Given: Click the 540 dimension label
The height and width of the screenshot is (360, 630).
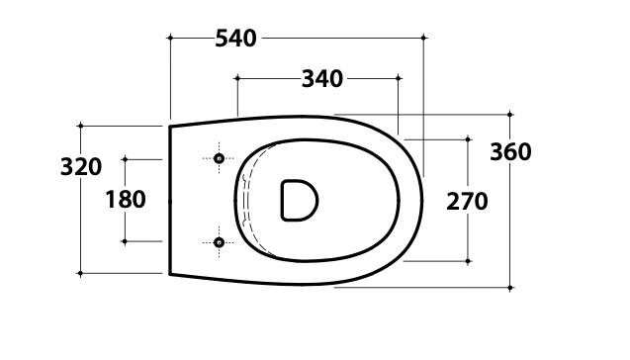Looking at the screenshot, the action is (x=235, y=39).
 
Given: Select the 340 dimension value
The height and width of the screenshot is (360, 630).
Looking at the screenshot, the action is (x=322, y=79).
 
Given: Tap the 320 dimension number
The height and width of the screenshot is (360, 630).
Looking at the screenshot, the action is (x=81, y=167).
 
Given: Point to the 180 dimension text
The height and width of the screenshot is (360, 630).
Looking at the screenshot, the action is (x=126, y=200).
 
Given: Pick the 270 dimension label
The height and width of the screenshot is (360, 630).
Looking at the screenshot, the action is (x=467, y=202).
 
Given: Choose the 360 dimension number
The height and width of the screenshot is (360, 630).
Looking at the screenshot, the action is (x=510, y=152).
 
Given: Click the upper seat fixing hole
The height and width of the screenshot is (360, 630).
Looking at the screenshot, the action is (x=219, y=158).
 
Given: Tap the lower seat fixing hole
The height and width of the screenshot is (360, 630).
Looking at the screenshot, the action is (x=219, y=242).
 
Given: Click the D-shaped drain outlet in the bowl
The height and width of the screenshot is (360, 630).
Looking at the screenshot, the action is (x=300, y=200).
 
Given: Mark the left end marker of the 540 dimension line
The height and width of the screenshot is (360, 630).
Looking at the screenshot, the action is (x=170, y=38).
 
